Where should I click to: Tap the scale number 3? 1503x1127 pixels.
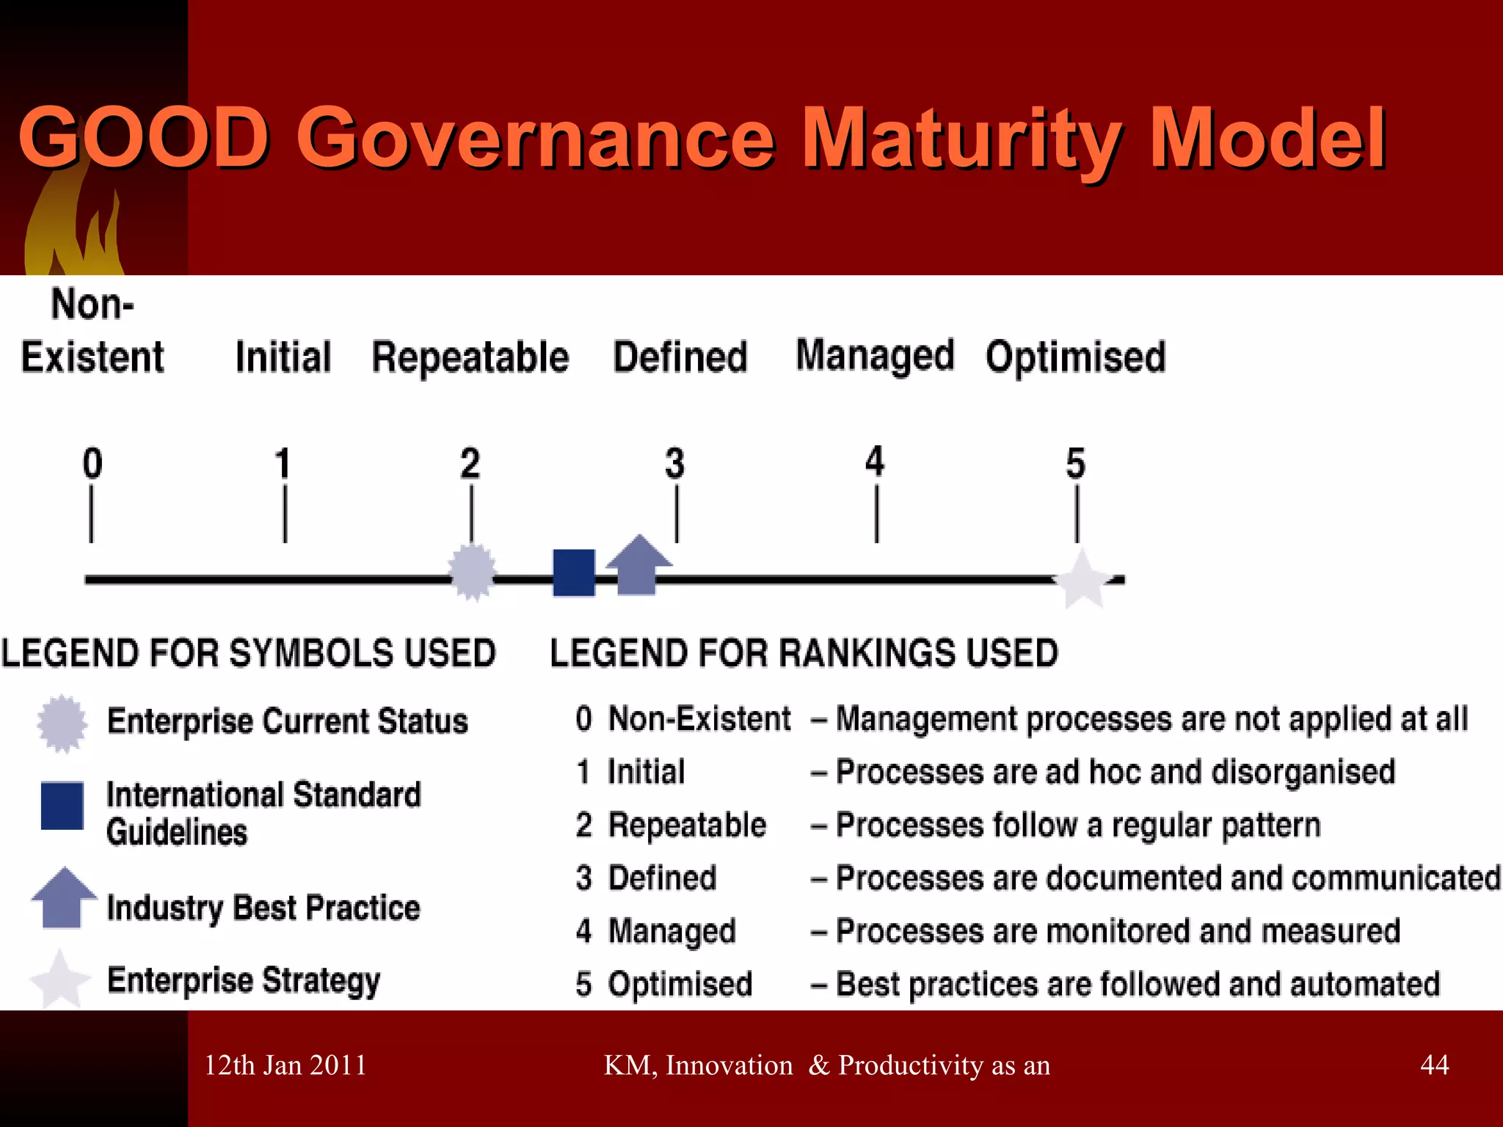coord(674,464)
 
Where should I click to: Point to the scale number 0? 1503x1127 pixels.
coord(92,464)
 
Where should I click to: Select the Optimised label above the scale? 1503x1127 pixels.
coord(1075,357)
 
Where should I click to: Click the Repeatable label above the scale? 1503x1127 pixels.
coord(470,357)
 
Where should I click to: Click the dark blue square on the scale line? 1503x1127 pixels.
coord(574,572)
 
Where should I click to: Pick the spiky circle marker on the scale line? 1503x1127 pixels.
coord(472,572)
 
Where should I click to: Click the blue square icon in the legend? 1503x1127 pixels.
coord(62,806)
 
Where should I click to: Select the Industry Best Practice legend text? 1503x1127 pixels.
coord(263,908)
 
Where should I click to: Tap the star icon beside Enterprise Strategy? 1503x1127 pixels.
coord(60,980)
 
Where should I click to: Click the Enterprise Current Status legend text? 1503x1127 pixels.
coord(287,721)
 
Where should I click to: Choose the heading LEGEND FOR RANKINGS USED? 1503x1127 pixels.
coord(804,653)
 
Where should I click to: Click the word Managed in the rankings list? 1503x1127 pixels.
coord(672,931)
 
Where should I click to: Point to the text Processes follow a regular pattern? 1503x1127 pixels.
coord(1077,825)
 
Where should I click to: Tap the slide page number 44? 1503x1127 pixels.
coord(1434,1065)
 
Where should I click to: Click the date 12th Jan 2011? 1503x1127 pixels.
coord(285,1065)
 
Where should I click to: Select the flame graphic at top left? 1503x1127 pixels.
coord(73,227)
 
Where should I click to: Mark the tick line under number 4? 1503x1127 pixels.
coord(876,515)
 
